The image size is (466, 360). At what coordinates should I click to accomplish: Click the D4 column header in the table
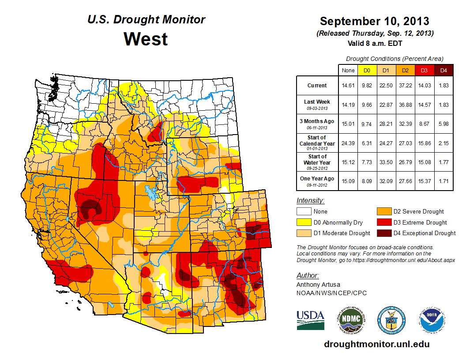444,70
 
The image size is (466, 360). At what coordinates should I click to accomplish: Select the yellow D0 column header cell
366,70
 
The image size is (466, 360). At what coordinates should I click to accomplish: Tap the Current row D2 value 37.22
405,86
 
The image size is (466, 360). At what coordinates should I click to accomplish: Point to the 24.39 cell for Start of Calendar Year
348,143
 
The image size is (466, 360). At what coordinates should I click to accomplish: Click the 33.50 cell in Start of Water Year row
386,162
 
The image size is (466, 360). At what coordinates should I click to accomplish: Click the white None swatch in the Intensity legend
303,212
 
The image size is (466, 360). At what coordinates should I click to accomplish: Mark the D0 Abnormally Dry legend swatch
303,222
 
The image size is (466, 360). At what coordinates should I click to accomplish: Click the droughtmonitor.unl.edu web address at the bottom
376,344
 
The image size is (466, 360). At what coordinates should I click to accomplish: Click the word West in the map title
146,39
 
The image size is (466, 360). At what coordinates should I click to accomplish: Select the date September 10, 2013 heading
374,21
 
